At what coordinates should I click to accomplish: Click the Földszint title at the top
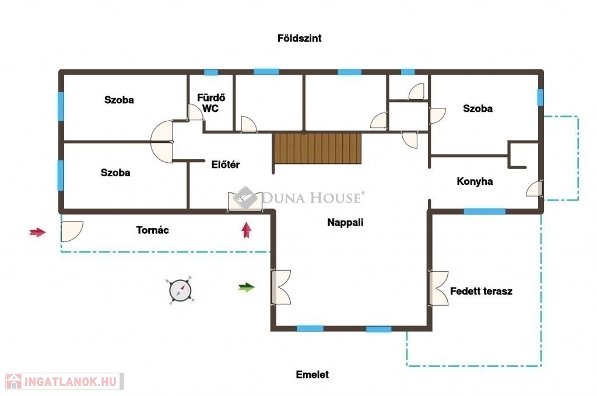[x=299, y=38]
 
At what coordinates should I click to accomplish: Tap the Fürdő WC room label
[x=210, y=103]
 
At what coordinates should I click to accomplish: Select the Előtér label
[x=226, y=164]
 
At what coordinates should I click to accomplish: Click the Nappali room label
[x=345, y=222]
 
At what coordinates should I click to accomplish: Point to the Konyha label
[x=475, y=181]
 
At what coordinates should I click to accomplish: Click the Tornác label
[x=152, y=230]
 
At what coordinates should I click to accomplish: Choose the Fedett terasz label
[x=481, y=291]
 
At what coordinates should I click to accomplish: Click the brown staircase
[x=317, y=148]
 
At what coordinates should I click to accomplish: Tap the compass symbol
[x=181, y=290]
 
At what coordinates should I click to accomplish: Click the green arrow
[x=247, y=287]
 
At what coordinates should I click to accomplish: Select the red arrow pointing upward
[x=247, y=230]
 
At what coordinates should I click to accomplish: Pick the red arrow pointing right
[x=37, y=232]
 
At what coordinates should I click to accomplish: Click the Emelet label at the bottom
[x=312, y=374]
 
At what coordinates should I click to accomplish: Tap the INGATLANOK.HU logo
[x=65, y=381]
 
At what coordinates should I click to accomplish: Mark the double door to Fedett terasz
[x=438, y=288]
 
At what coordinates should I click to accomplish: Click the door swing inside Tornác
[x=72, y=232]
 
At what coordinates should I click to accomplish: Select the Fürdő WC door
[x=195, y=113]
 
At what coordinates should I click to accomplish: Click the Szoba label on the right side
[x=477, y=108]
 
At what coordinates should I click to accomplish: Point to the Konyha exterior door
[x=534, y=189]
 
